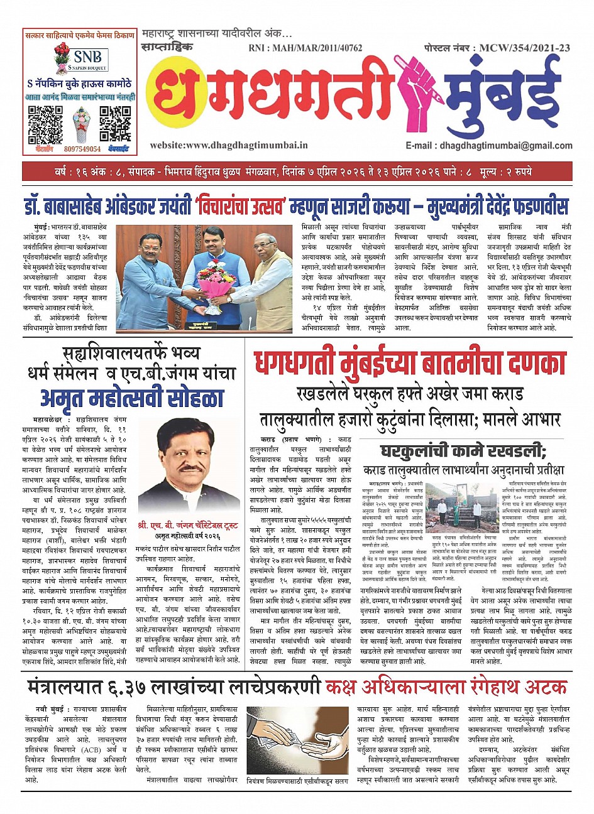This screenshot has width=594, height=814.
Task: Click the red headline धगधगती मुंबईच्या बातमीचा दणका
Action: tap(410, 366)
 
